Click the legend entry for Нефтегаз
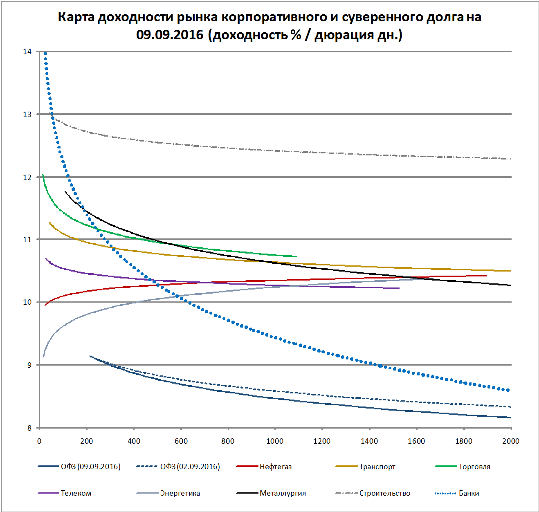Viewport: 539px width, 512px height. click(275, 467)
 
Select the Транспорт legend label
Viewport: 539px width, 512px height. click(377, 467)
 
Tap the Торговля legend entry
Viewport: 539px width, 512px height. click(474, 467)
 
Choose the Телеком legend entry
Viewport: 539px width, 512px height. click(76, 493)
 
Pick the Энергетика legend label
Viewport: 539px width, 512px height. click(180, 493)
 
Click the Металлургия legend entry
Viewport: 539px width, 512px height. click(283, 493)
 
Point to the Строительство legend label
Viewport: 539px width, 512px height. click(384, 493)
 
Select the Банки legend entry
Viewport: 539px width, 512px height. click(469, 493)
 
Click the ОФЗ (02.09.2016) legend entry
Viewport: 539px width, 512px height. click(190, 467)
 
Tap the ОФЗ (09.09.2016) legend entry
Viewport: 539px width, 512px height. click(90, 467)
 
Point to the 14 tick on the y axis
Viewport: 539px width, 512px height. click(27, 52)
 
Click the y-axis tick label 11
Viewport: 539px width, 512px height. click(27, 240)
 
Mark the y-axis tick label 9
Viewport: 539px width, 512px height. click(29, 365)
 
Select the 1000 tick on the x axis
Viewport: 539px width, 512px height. click(275, 441)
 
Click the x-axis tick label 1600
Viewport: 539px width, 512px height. click(416, 441)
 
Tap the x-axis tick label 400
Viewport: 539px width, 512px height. click(134, 441)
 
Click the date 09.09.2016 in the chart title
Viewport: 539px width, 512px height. click(170, 35)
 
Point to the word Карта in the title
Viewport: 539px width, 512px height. click(76, 17)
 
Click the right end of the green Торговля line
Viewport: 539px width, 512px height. click(296, 256)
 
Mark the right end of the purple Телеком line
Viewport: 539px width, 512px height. click(399, 288)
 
